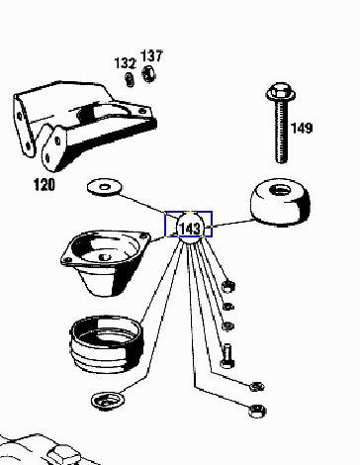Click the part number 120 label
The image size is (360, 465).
(x=45, y=185)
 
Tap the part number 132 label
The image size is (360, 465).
(x=125, y=63)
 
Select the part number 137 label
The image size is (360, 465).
(x=151, y=56)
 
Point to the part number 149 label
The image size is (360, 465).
(x=302, y=128)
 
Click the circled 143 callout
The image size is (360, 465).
(x=191, y=228)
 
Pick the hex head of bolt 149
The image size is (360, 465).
(x=281, y=92)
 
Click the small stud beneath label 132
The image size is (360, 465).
(x=130, y=80)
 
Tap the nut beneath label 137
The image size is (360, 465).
(x=149, y=73)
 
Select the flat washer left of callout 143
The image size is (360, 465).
(x=104, y=187)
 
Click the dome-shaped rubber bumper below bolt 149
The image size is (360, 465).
(x=280, y=202)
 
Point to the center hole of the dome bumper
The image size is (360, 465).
(x=280, y=190)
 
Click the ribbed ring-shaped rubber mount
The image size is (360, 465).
(x=107, y=344)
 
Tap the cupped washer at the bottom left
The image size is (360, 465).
(x=108, y=401)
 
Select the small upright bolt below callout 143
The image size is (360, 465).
(x=227, y=356)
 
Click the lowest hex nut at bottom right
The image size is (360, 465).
(x=257, y=411)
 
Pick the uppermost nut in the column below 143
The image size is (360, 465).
(x=228, y=286)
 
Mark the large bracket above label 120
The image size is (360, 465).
(x=85, y=126)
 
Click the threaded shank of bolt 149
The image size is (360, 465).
(x=281, y=132)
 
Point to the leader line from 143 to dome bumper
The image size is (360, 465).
(x=230, y=224)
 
